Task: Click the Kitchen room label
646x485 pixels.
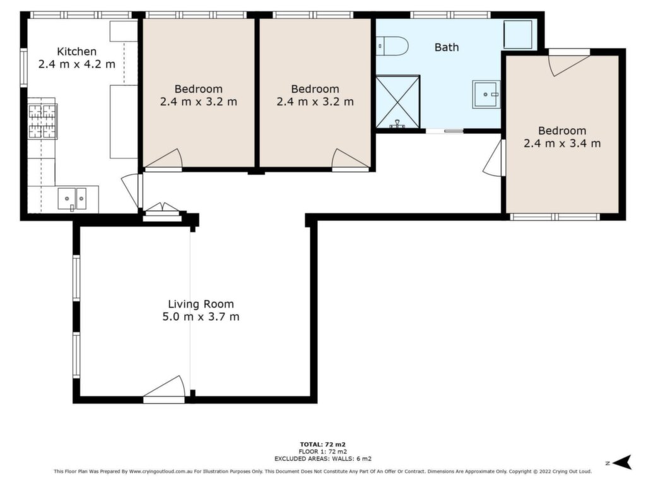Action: (x=76, y=52)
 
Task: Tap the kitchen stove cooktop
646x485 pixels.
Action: (x=42, y=121)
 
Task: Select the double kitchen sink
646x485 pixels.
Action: (x=72, y=199)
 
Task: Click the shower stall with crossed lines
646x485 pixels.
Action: (x=397, y=102)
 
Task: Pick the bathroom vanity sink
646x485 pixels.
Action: (x=486, y=95)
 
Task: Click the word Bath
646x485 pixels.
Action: (x=447, y=47)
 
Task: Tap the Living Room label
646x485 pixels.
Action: (x=201, y=304)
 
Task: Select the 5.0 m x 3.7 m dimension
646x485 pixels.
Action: (x=201, y=317)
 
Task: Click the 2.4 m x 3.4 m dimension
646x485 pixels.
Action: (x=562, y=143)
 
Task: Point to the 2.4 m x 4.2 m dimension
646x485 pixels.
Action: (x=76, y=64)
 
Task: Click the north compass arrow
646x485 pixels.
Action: (x=622, y=462)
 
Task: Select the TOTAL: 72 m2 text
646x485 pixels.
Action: (x=322, y=445)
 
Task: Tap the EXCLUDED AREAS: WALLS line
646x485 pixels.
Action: (x=322, y=458)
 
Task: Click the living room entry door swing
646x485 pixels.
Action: (x=165, y=388)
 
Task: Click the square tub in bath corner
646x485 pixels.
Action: (x=518, y=35)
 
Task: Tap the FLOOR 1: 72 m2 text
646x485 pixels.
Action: (x=322, y=452)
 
